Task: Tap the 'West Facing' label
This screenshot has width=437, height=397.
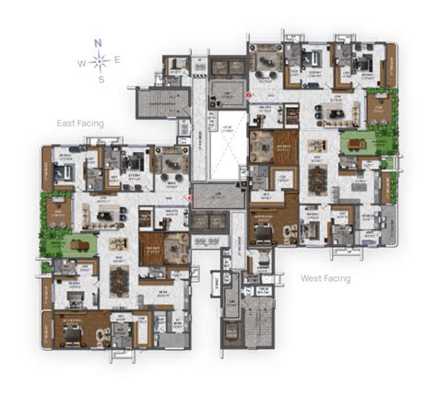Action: pyautogui.click(x=325, y=276)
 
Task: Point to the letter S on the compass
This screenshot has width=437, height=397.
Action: pyautogui.click(x=100, y=80)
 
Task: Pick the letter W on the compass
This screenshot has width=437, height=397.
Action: pyautogui.click(x=81, y=63)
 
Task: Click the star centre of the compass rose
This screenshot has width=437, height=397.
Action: pyautogui.click(x=100, y=62)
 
